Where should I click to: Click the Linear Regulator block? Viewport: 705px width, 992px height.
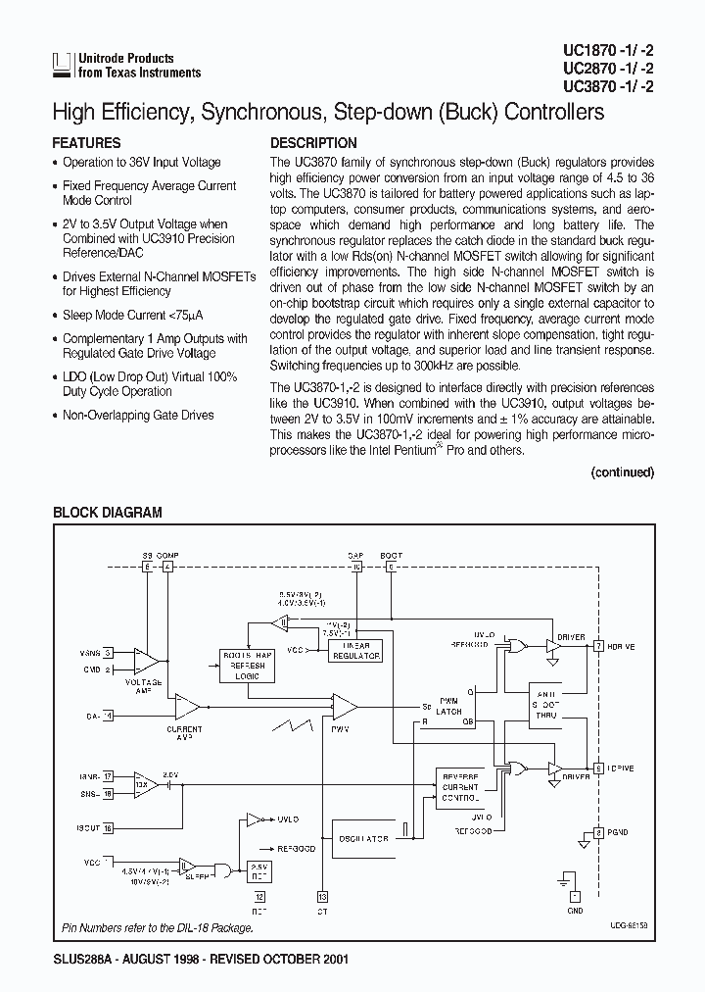click(x=356, y=653)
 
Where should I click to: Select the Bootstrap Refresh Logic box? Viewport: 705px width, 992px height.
click(x=247, y=665)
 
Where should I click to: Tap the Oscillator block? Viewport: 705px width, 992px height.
click(x=363, y=838)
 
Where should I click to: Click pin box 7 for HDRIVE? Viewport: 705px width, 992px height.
click(x=597, y=638)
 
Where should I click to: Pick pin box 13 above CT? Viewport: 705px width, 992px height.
click(x=322, y=896)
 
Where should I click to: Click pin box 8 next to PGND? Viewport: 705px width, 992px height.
click(x=597, y=833)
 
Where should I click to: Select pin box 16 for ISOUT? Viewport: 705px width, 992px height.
click(x=108, y=827)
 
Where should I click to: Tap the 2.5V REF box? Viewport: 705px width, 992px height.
click(x=259, y=873)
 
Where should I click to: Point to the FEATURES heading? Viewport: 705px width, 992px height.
click(x=86, y=143)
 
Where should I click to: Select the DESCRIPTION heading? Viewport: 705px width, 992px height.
click(x=313, y=143)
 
